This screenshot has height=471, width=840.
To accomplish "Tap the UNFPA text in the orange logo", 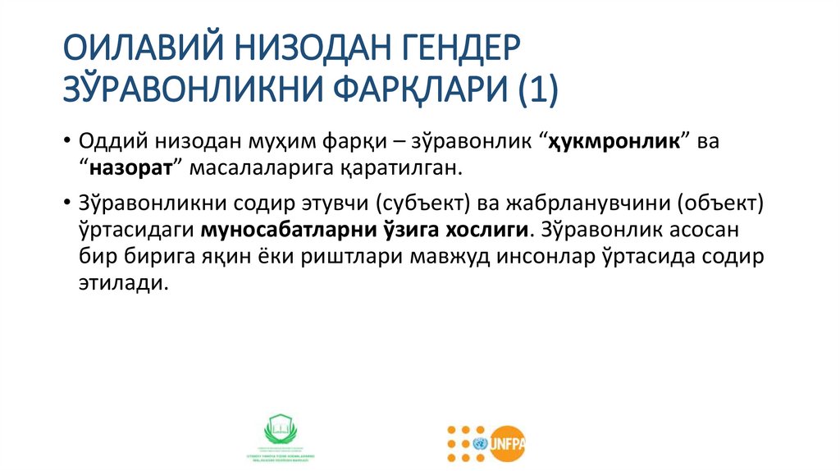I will pos(507,443).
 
